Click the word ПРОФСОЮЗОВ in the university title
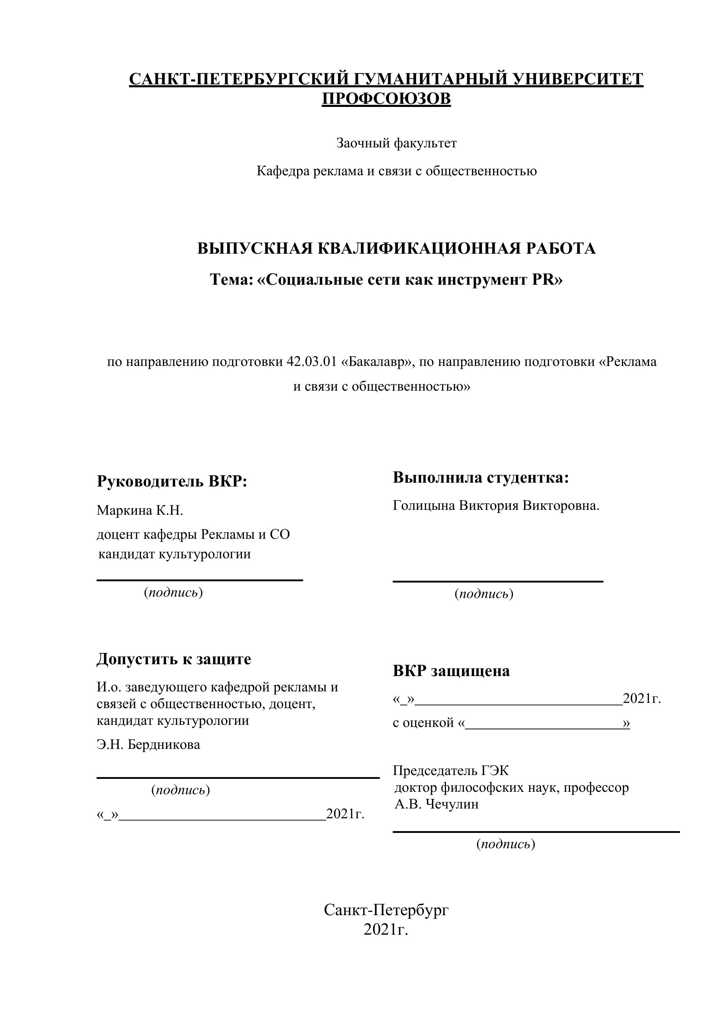(x=386, y=99)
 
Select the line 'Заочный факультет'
(x=396, y=143)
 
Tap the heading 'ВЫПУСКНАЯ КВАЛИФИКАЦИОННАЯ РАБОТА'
(x=396, y=248)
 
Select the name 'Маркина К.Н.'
(x=140, y=511)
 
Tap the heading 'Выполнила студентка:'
(x=481, y=477)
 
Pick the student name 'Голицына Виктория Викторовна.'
(x=496, y=506)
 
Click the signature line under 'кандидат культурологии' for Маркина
(x=200, y=580)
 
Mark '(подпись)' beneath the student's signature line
(x=484, y=594)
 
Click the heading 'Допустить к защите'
(x=174, y=659)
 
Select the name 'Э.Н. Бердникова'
(x=148, y=744)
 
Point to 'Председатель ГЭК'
(x=450, y=771)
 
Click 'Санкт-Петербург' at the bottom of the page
(x=386, y=910)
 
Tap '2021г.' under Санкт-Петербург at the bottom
(x=385, y=929)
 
